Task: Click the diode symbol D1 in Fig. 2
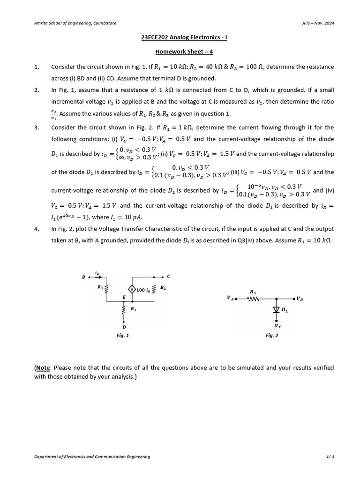point(276,310)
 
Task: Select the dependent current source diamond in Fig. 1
point(132,290)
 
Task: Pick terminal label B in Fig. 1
point(83,277)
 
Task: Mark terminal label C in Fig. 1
point(168,276)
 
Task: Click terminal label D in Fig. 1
point(124,327)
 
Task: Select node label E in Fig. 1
point(124,297)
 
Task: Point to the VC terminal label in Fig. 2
point(277,325)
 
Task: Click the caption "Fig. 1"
point(123,336)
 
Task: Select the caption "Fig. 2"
point(272,336)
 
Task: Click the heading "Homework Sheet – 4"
point(180,52)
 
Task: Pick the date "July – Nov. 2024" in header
point(318,23)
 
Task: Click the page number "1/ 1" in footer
point(330,457)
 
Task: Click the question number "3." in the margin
point(37,127)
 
